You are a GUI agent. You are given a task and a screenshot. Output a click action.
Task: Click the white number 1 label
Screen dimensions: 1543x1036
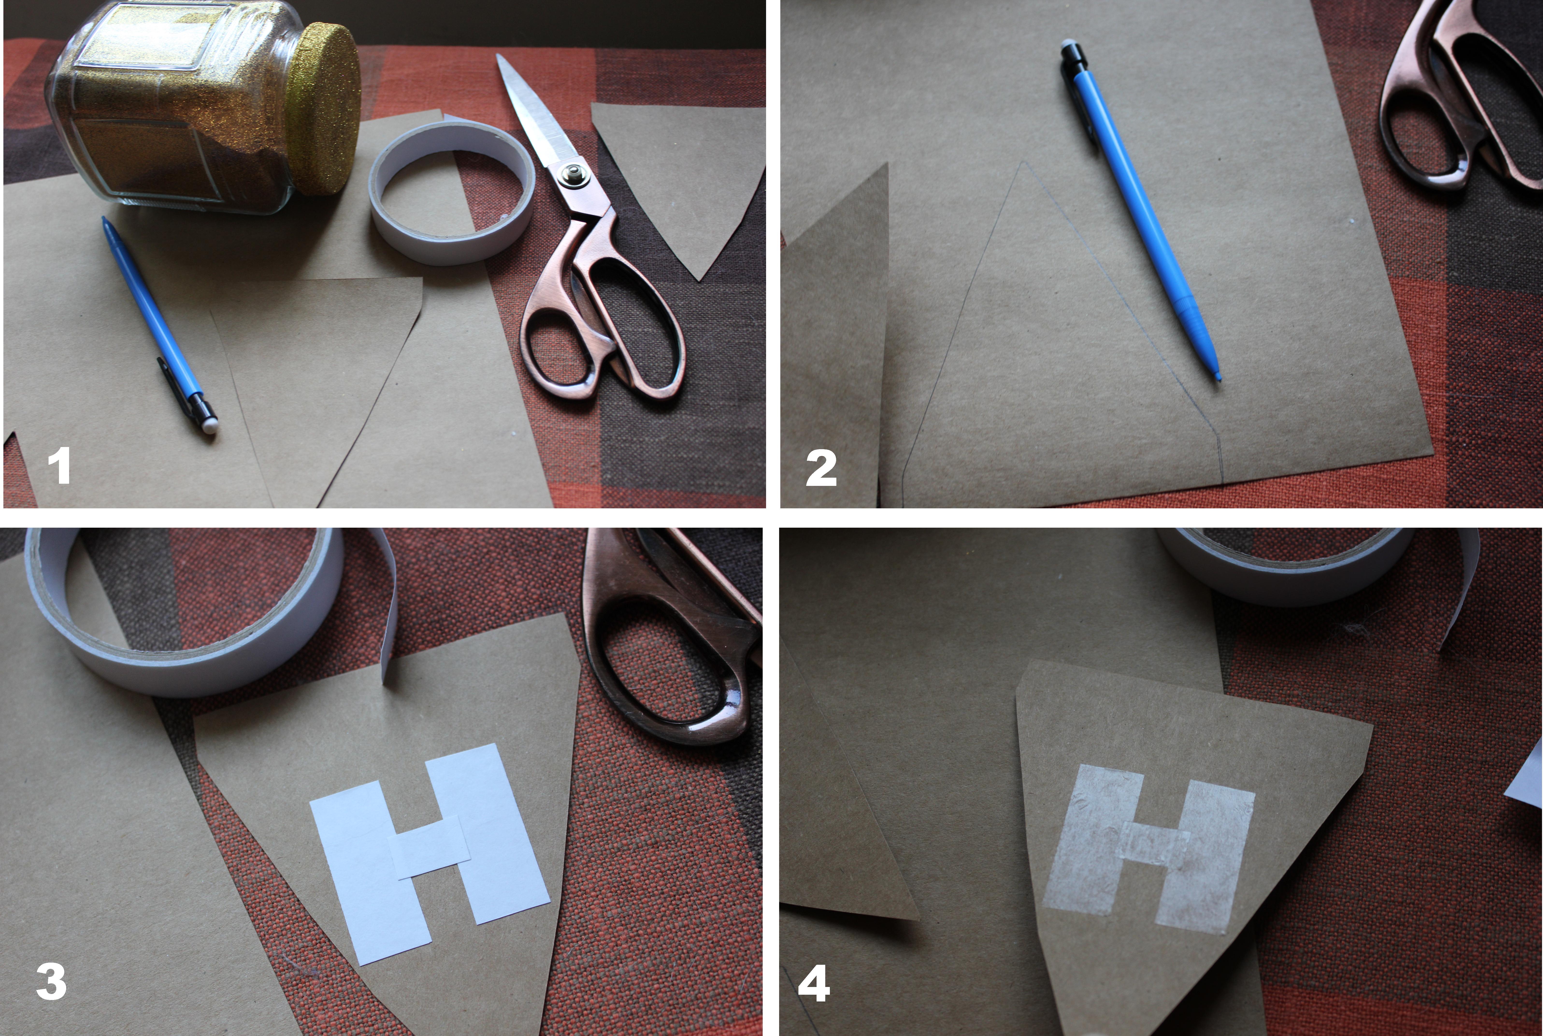point(59,465)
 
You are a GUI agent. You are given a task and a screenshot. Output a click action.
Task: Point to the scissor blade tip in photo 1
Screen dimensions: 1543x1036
point(500,58)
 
